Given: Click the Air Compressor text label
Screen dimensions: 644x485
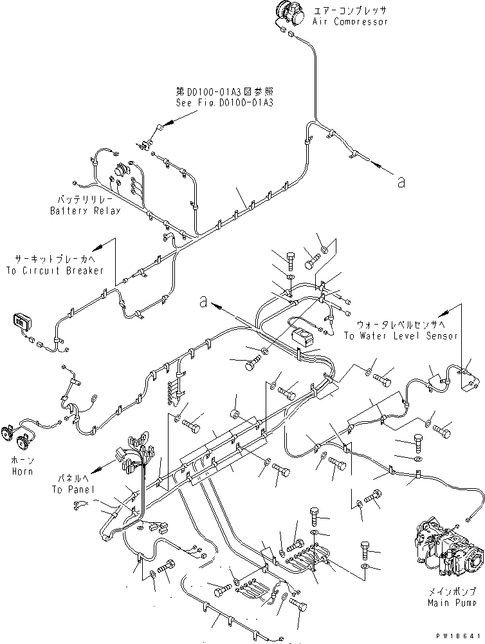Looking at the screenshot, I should coord(350,22).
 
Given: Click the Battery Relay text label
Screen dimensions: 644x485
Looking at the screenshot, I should coord(85,211).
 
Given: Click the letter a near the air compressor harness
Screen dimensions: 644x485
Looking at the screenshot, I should coord(401,183).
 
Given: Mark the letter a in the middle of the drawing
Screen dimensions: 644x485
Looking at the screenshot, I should coord(203,300).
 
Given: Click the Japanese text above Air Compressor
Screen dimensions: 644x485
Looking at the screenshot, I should coord(350,11).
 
